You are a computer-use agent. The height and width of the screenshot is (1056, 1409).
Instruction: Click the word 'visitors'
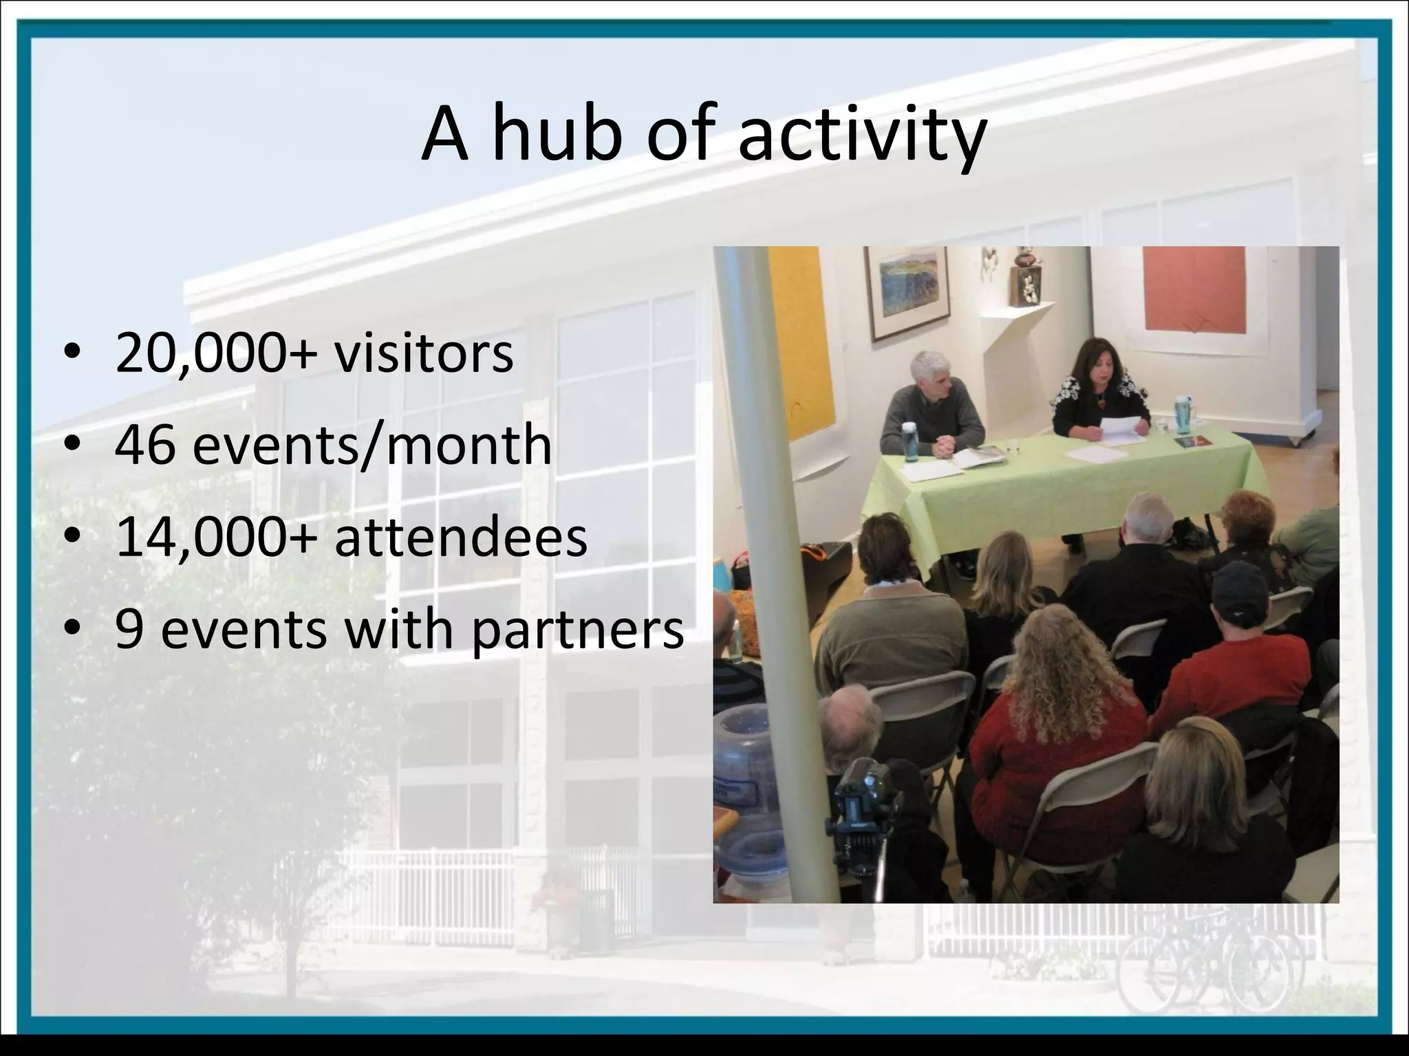click(x=424, y=353)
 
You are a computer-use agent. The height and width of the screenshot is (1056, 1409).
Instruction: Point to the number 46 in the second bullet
click(x=144, y=445)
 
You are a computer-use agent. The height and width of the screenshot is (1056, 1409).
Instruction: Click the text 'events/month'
click(x=372, y=445)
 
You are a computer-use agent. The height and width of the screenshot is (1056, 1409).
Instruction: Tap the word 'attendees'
click(x=461, y=537)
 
